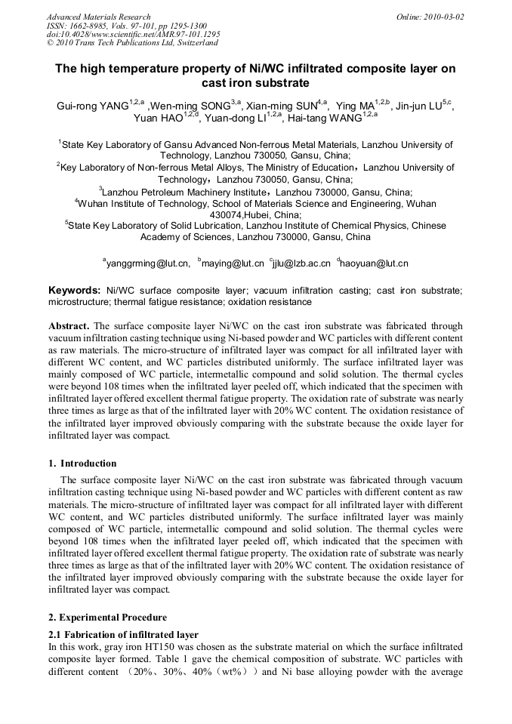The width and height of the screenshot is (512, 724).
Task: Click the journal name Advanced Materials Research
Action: [x=98, y=17]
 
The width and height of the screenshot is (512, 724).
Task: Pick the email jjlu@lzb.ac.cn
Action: [x=302, y=263]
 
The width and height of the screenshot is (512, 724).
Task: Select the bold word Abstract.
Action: [x=69, y=327]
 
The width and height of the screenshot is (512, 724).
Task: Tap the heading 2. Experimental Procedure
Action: [x=107, y=617]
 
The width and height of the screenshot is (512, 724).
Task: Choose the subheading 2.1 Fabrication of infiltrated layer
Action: [x=123, y=634]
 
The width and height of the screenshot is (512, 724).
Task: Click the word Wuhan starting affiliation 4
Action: [x=97, y=204]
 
